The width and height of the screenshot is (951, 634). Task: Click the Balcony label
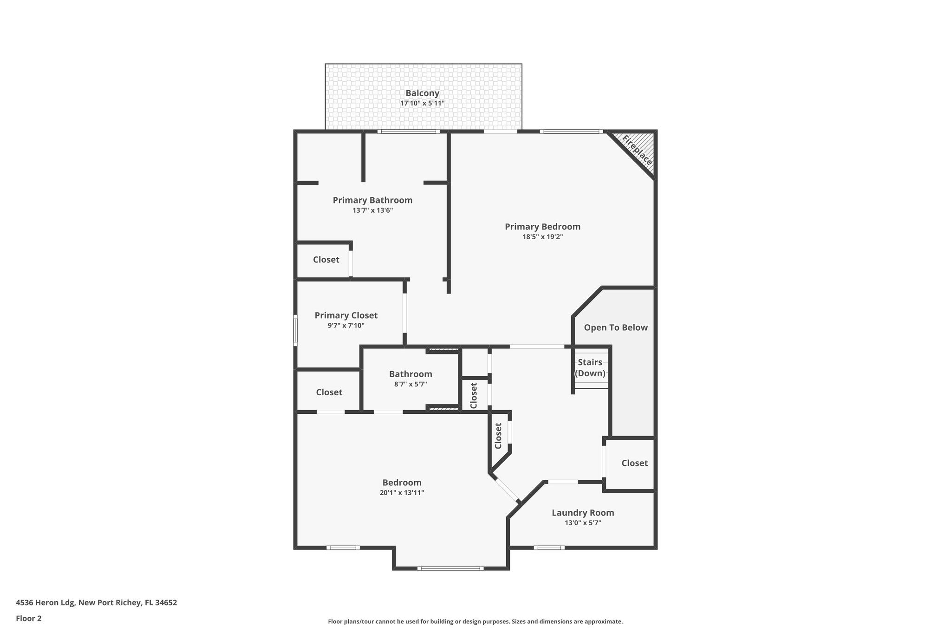tap(422, 93)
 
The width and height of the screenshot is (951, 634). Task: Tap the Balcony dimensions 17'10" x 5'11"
tap(422, 103)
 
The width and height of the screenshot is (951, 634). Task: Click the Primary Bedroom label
tap(542, 227)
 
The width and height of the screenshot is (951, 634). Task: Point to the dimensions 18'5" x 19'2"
tap(542, 237)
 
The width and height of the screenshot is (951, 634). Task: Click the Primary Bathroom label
tap(372, 200)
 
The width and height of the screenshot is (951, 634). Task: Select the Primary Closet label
tap(346, 315)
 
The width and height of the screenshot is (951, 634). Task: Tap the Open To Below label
tap(615, 327)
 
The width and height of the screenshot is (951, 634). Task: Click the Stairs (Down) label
tap(590, 367)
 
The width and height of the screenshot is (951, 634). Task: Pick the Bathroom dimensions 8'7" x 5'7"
tap(410, 384)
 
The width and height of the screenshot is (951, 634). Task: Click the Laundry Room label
tap(583, 513)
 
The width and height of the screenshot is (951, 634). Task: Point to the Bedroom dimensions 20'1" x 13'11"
tap(402, 493)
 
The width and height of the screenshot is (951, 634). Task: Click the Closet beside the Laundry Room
tap(634, 463)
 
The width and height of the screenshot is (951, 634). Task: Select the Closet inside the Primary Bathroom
tap(326, 260)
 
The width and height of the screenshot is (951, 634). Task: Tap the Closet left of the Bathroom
tap(329, 392)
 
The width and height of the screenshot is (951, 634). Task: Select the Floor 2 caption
tap(29, 618)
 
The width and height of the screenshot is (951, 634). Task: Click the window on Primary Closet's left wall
tap(295, 330)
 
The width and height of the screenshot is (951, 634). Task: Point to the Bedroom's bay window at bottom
tap(450, 568)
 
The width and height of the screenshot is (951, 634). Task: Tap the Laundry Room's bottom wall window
tap(549, 548)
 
